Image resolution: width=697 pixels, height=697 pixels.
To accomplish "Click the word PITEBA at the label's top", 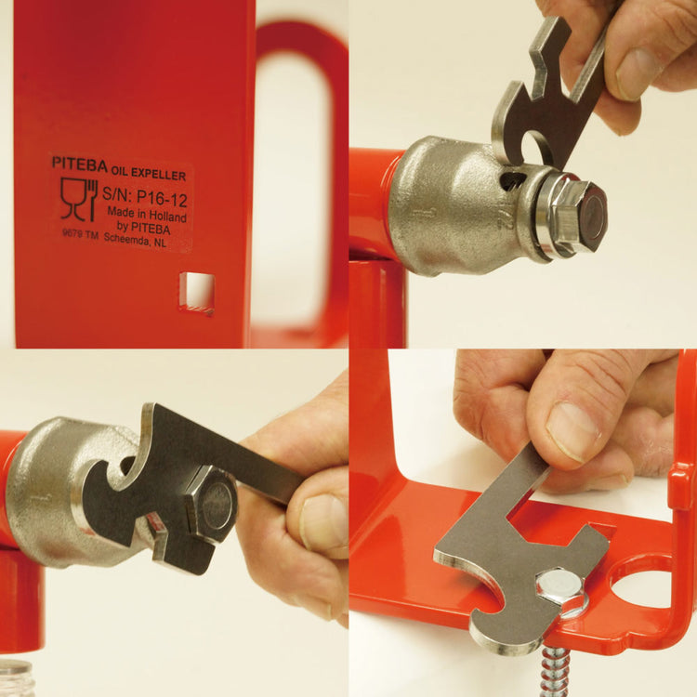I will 79,163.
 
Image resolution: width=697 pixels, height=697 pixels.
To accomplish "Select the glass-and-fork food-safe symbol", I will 79,199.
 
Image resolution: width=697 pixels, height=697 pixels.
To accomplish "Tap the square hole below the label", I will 197,291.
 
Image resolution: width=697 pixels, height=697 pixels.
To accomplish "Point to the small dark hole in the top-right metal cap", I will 509,180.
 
